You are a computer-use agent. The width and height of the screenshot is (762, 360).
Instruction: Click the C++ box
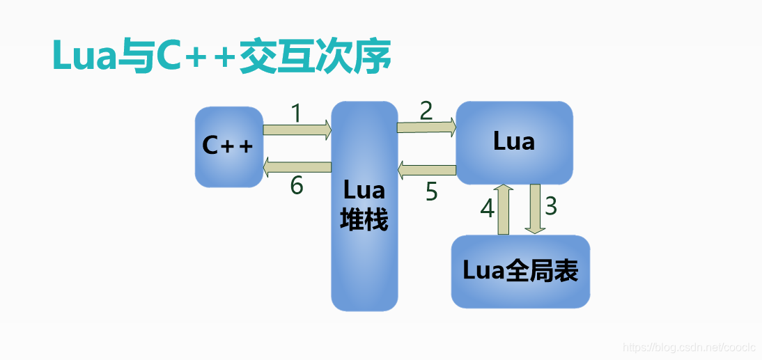pos(228,147)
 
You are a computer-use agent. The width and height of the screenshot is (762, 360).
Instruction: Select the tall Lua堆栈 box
pos(364,206)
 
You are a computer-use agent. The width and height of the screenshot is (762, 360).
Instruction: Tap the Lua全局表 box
pos(520,271)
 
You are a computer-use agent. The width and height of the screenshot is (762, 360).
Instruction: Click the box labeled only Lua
pos(514,142)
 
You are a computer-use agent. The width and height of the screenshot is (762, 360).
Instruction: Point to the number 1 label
pos(296,113)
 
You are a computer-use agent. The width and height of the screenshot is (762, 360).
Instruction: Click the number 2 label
pos(426,110)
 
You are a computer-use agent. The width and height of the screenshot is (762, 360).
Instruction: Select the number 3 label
pos(551,206)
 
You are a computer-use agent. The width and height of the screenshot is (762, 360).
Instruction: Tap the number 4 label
pos(487,208)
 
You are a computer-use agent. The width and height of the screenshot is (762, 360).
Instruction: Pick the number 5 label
pos(432,191)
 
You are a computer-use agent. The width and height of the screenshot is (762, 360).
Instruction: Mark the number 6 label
pos(297,186)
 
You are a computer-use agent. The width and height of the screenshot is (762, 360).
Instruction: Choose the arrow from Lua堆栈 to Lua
pos(426,127)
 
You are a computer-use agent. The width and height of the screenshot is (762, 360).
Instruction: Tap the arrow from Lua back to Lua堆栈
pos(426,169)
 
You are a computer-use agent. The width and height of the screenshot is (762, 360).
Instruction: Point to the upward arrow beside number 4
pos(504,210)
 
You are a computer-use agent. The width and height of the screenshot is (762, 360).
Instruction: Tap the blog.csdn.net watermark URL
pos(687,347)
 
